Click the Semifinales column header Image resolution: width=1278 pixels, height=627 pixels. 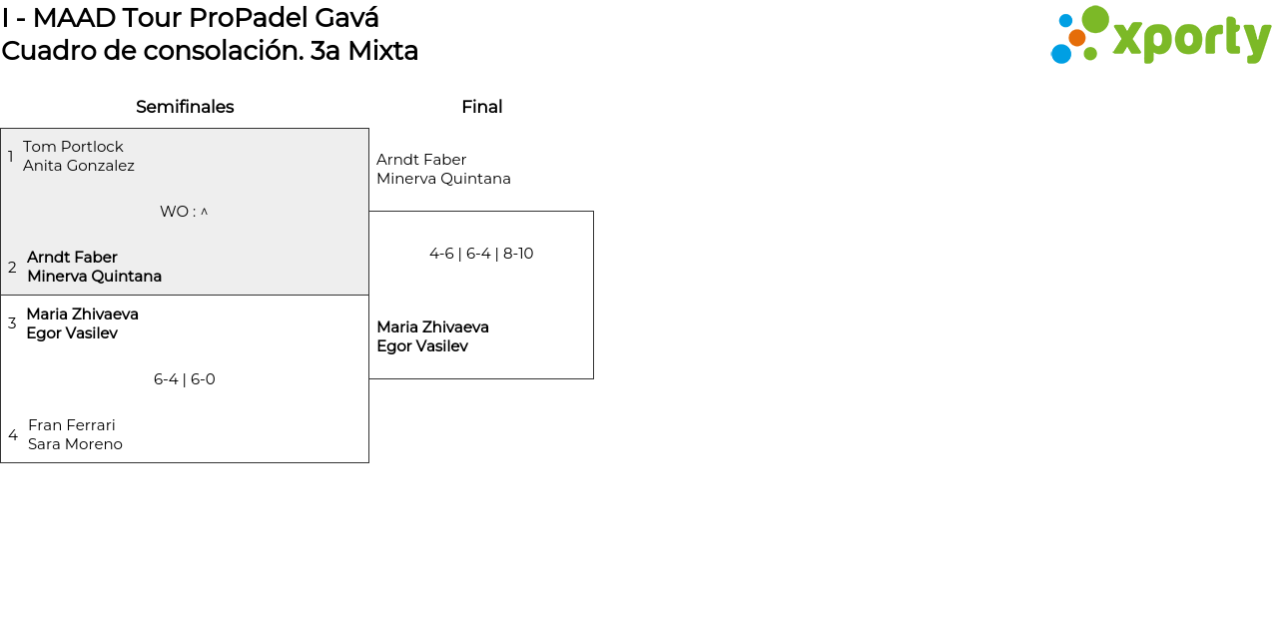185,107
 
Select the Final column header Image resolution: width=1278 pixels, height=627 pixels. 481,107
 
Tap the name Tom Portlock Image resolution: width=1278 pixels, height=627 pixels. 73,147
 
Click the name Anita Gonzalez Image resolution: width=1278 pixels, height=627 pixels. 79,166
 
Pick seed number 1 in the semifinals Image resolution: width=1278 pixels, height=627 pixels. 11,157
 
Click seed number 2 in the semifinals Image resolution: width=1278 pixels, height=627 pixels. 12,268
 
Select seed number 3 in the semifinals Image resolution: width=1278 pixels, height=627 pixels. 12,323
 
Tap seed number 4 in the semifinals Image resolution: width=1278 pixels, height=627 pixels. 13,435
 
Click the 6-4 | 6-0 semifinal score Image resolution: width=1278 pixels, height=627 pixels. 185,379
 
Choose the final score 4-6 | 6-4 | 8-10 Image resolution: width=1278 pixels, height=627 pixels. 481,254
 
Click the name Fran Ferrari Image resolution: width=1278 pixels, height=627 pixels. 72,425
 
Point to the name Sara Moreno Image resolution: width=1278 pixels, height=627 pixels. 75,444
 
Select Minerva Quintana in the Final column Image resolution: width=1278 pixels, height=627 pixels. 443,179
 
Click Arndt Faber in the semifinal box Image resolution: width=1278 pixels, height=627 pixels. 72,258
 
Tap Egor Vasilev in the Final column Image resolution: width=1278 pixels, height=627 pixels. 422,346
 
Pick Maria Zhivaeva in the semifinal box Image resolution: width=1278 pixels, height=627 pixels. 82,314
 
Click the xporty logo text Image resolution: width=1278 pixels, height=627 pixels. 1191,39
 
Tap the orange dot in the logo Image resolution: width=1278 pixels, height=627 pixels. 1076,38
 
